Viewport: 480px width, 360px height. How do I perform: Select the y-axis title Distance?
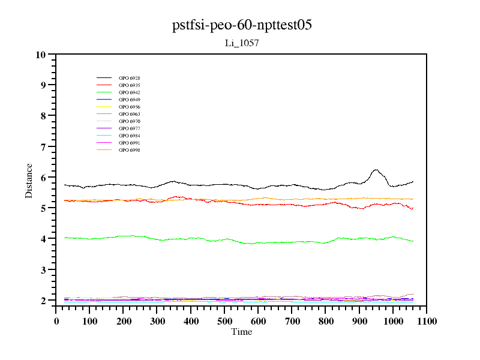pyautogui.click(x=29, y=181)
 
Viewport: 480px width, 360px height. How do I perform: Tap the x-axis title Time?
pyautogui.click(x=241, y=332)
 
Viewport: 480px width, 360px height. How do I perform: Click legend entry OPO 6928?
pyautogui.click(x=129, y=78)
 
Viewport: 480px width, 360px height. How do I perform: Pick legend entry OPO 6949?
pyautogui.click(x=129, y=100)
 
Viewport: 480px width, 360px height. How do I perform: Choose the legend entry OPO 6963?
pyautogui.click(x=129, y=114)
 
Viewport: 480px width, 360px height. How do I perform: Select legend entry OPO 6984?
pyautogui.click(x=129, y=136)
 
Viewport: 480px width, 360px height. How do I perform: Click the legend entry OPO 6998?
pyautogui.click(x=129, y=150)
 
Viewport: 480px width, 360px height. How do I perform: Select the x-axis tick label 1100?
pyautogui.click(x=427, y=321)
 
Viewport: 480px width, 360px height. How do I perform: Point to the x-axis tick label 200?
pyautogui.click(x=123, y=321)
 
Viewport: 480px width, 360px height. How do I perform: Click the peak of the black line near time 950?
pyautogui.click(x=376, y=170)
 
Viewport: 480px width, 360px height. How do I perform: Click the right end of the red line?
pyautogui.click(x=413, y=208)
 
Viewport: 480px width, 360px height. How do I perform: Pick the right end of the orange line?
pyautogui.click(x=413, y=199)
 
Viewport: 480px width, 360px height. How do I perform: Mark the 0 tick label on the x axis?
pyautogui.click(x=56, y=321)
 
